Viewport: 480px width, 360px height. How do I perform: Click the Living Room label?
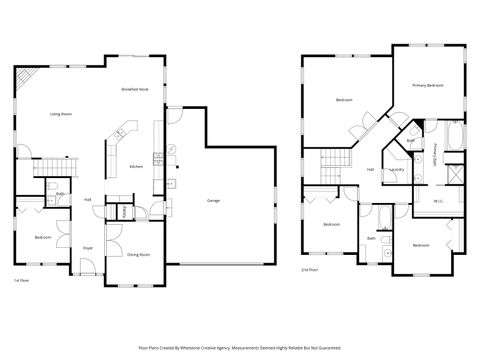(62, 114)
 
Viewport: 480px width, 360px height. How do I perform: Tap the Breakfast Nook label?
(135, 90)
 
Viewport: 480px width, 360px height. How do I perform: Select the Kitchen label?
(137, 166)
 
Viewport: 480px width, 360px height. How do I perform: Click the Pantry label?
(124, 211)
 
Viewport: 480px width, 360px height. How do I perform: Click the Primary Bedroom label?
(427, 86)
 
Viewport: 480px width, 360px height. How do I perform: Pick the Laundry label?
(396, 169)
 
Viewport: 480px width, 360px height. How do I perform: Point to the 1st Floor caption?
(19, 281)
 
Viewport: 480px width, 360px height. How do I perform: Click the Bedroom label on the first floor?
(43, 237)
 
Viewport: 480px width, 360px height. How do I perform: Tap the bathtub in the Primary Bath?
(455, 135)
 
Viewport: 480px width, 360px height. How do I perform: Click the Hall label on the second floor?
(370, 169)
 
